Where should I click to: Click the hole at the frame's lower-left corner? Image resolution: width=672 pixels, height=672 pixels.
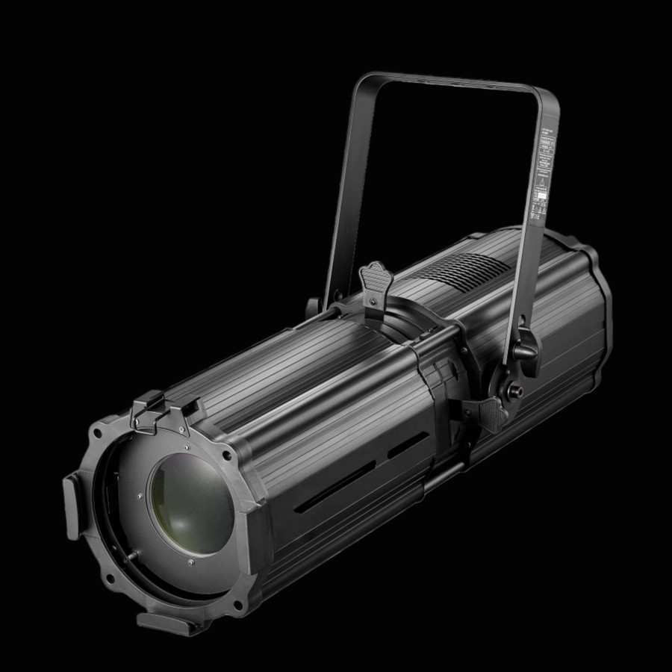[111, 579]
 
